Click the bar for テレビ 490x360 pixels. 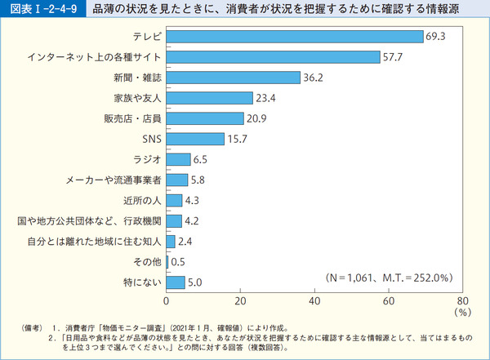(294, 37)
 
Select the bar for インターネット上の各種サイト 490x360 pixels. (273, 57)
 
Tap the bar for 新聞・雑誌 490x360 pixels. (234, 78)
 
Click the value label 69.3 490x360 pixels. (435, 37)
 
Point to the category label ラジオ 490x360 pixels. (147, 159)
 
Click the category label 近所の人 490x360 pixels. (141, 200)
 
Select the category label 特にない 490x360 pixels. (141, 282)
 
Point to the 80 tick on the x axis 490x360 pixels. (462, 299)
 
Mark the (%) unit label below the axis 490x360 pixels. (462, 311)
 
